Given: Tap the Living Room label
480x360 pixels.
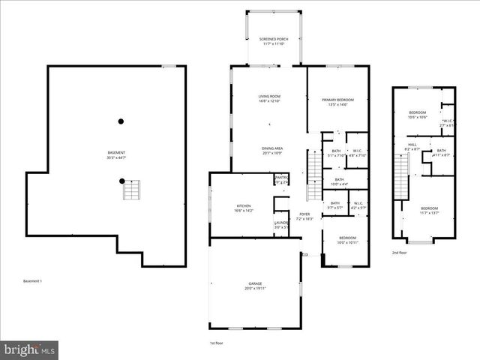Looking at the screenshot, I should pos(269,98).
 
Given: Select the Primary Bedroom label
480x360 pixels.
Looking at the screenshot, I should pos(337,102).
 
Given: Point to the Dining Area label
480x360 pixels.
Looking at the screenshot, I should pos(272,151).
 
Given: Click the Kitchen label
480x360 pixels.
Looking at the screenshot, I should pos(244,208).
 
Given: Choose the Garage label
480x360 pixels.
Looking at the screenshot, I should pos(255,286).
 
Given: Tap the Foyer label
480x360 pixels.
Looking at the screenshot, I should pos(304,216).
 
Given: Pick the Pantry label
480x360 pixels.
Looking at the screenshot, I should pos(281,180).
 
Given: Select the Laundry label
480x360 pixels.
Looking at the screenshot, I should pos(281,224).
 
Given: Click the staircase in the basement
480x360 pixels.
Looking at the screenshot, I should pos(132,190).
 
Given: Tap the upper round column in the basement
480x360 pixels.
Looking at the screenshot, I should pos(121,121).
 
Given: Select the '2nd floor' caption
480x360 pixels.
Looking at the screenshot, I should pos(399,253).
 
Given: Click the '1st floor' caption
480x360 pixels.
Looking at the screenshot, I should pos(217,343).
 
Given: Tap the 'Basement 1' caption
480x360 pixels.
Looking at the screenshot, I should pos(32,281).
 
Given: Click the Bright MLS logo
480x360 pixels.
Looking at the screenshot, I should pos(30,349).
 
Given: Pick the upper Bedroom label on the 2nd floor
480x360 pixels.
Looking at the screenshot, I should pos(417,115).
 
